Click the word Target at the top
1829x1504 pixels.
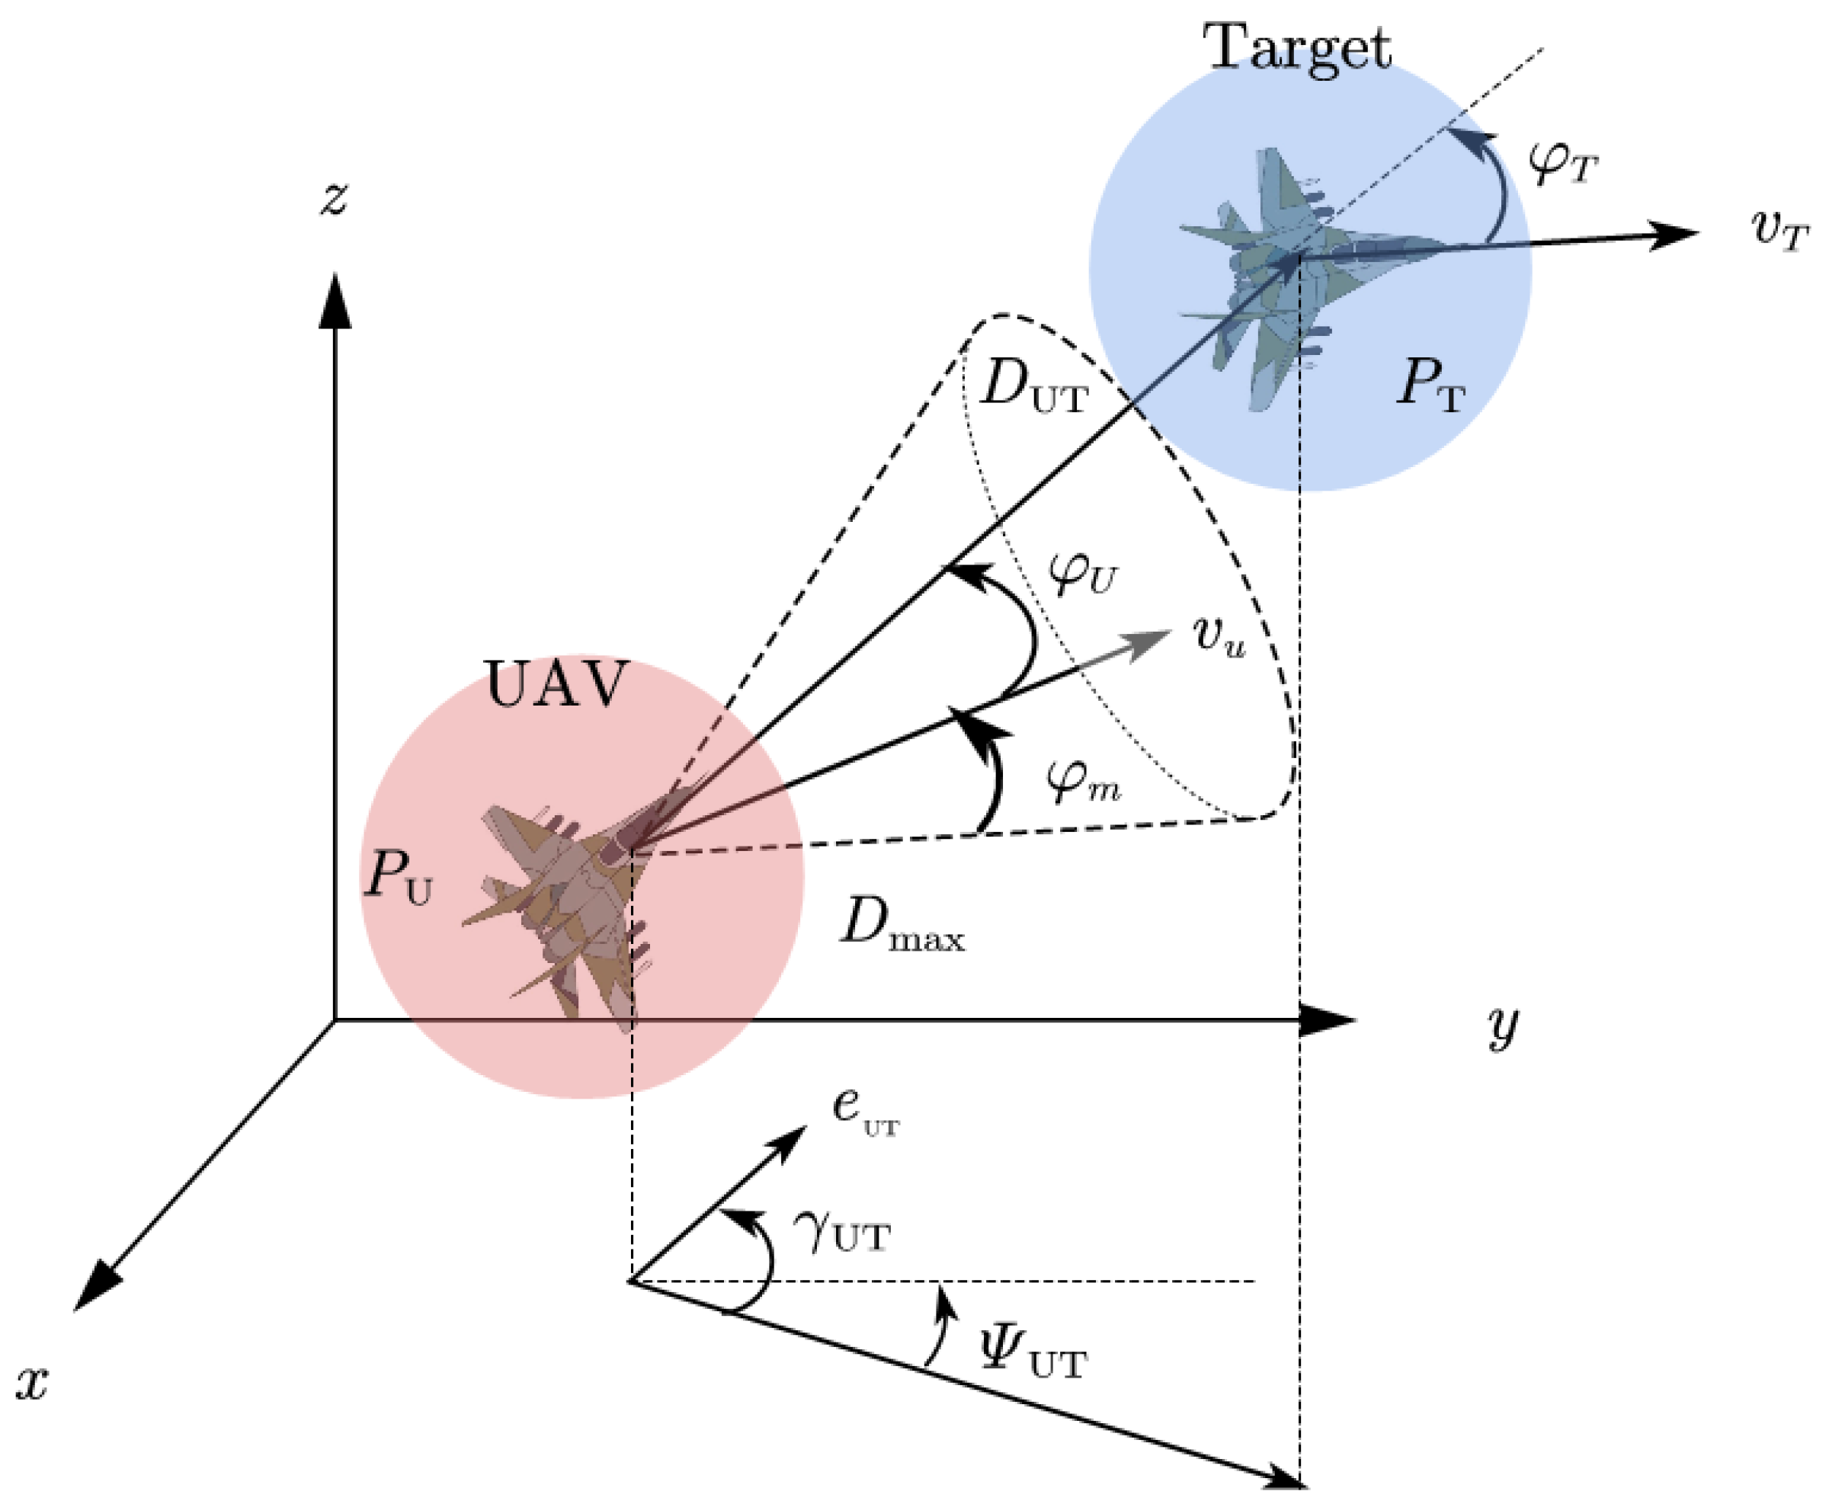1297,49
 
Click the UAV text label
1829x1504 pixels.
556,684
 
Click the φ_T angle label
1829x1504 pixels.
1562,162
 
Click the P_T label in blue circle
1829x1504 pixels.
1430,384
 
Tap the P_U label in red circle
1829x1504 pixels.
398,877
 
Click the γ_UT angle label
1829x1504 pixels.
841,1234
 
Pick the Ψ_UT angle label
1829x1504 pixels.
1031,1358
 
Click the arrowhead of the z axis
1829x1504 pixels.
335,299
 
